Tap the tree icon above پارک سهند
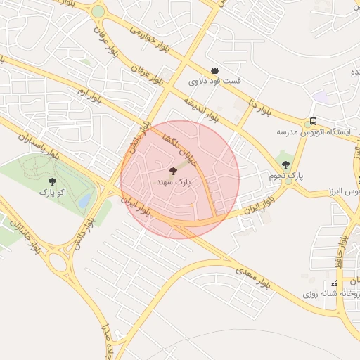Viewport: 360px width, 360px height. (173, 171)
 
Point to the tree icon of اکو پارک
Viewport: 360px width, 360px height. (52, 181)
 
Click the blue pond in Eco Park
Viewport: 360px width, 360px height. (85, 200)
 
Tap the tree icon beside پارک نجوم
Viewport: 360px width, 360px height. (285, 165)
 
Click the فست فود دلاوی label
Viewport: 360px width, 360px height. (214, 81)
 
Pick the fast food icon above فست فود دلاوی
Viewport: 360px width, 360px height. (214, 70)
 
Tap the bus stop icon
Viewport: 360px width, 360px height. (313, 121)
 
